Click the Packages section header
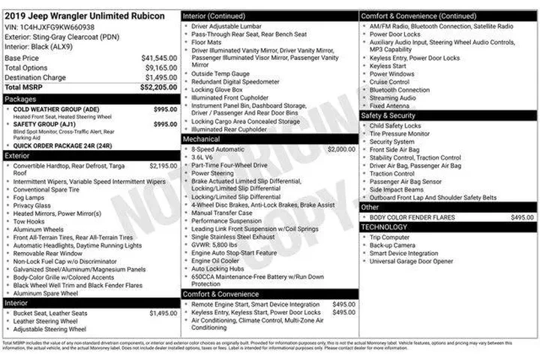click(x=20, y=98)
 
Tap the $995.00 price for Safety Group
click(x=165, y=124)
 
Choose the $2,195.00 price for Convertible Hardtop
click(x=163, y=166)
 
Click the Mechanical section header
click(x=202, y=139)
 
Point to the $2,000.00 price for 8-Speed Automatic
click(x=341, y=149)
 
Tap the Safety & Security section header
click(x=388, y=115)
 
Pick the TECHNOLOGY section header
click(x=385, y=226)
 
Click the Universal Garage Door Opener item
click(x=411, y=261)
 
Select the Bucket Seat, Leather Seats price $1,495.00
click(x=163, y=313)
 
